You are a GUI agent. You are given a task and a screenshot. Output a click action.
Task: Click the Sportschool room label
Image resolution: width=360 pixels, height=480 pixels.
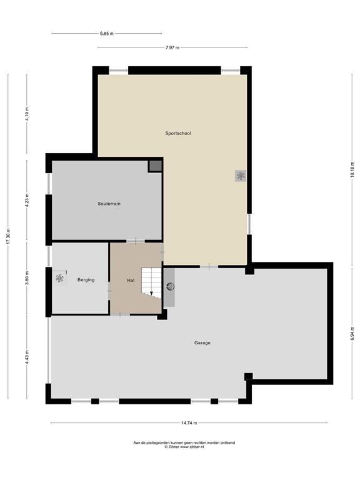[178, 133]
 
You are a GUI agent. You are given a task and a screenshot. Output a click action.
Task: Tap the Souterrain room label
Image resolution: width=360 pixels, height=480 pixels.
[109, 204]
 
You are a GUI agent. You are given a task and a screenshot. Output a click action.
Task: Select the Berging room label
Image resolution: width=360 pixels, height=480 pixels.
[86, 279]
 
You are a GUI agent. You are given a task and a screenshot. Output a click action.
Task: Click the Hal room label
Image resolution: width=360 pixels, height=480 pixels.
[131, 280]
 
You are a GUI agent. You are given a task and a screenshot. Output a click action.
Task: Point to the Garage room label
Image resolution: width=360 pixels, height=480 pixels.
[202, 342]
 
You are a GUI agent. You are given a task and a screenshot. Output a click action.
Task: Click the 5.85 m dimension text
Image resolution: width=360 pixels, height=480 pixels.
[107, 34]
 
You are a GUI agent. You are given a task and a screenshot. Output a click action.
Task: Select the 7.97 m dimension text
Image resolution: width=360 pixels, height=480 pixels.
[172, 47]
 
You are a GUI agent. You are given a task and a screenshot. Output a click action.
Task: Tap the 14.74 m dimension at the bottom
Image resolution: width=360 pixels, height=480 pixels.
[189, 423]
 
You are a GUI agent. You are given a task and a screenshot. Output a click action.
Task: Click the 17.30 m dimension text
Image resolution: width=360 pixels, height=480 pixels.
[9, 236]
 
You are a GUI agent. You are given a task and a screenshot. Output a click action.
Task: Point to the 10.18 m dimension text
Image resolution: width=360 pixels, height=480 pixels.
[352, 168]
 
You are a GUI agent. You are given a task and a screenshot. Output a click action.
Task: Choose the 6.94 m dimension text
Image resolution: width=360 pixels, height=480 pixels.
[352, 335]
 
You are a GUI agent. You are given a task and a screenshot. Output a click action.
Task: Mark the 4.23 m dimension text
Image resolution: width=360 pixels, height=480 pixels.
[27, 201]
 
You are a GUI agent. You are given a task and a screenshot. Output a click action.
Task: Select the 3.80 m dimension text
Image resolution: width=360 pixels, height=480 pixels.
[27, 277]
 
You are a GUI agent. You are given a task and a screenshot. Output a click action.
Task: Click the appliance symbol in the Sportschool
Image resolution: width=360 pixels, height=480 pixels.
[241, 176]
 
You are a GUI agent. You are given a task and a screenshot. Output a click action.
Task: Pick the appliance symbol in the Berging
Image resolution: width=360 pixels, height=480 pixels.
[60, 277]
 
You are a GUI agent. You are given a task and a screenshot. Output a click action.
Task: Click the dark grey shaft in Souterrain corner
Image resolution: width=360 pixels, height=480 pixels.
[154, 166]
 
